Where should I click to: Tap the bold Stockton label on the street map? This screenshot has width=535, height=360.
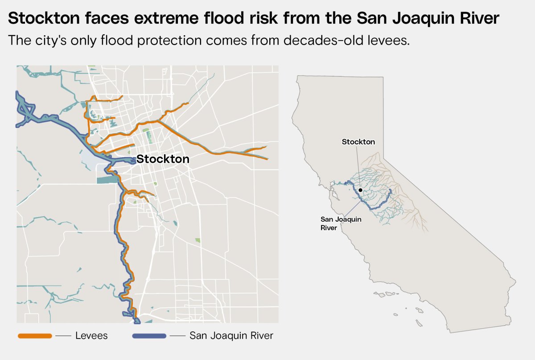tap(163, 159)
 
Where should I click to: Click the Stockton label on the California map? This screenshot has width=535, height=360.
tap(358, 142)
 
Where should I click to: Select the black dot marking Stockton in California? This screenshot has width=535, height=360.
tap(360, 190)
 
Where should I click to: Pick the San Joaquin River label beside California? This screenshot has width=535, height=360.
tap(335, 223)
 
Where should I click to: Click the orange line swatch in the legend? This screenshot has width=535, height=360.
tap(35, 335)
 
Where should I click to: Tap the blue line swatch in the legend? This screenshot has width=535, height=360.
tap(149, 335)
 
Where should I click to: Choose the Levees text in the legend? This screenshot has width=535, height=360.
tap(91, 335)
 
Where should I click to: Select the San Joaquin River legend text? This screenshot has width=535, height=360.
tap(231, 335)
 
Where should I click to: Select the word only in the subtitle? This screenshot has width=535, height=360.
tap(86, 40)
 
